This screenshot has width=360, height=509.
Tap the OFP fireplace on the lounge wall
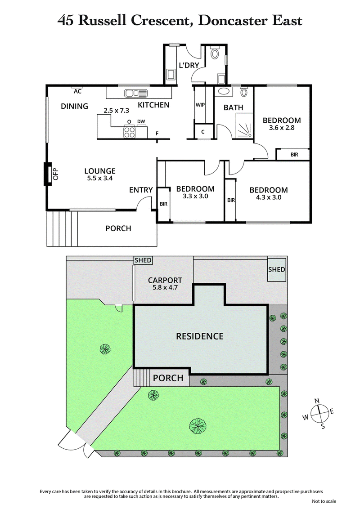47,174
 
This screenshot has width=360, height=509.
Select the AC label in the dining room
77,91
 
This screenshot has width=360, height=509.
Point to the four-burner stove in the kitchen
130,132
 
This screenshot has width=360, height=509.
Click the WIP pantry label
200,104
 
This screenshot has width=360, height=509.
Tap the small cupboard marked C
203,132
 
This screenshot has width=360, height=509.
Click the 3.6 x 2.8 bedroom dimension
282,129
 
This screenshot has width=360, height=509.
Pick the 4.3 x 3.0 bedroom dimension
268,197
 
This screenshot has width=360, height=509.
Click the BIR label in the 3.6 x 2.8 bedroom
294,155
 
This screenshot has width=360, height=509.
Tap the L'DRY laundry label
189,65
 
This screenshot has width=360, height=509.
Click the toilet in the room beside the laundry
214,55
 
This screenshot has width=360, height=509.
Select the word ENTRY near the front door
141,190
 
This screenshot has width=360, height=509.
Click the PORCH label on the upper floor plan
118,228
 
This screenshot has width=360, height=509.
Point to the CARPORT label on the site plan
165,280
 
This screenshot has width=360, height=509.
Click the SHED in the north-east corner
276,270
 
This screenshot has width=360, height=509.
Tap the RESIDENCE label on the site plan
199,336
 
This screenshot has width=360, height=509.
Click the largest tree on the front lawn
197,425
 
